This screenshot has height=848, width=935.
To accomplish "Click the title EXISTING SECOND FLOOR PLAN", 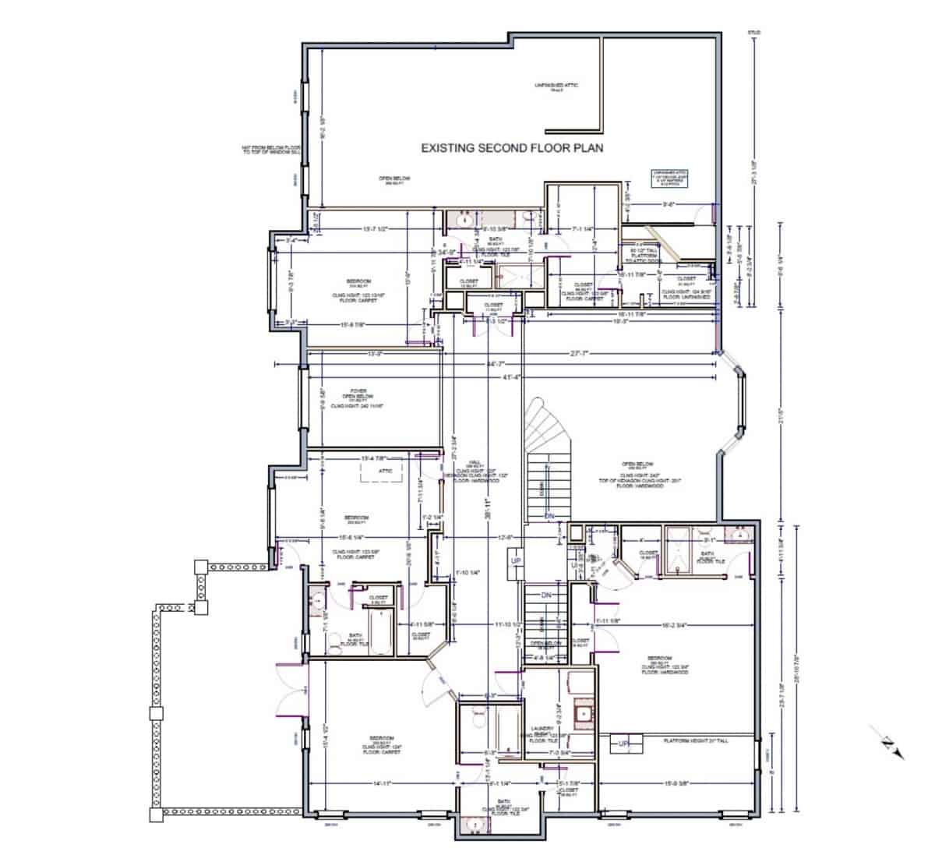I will [512, 147].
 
